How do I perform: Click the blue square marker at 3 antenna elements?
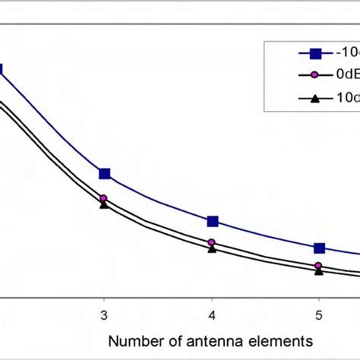click(105, 174)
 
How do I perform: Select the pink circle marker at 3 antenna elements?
click(103, 198)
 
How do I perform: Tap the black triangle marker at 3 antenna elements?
click(103, 204)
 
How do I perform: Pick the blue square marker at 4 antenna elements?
click(213, 221)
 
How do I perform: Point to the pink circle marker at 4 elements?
click(212, 242)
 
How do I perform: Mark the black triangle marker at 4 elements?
click(212, 248)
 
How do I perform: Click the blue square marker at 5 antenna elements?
click(320, 248)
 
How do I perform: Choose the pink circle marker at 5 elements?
click(319, 266)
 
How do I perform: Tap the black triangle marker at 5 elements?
click(319, 271)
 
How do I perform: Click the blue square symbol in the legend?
click(314, 53)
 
